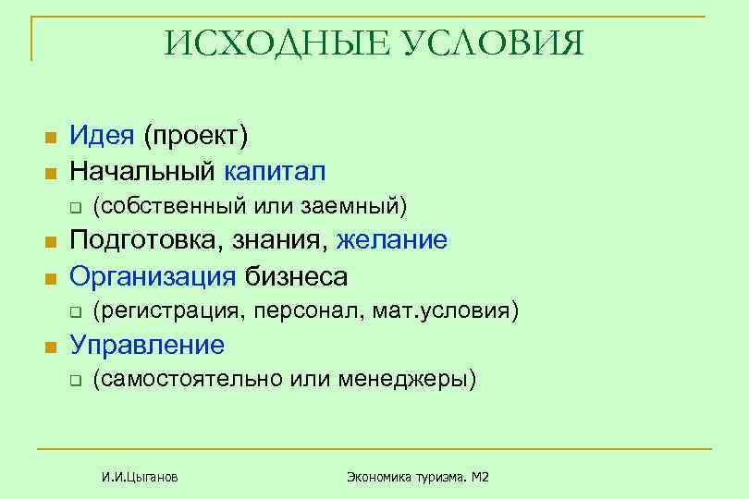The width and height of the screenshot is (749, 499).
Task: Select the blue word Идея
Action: point(103,137)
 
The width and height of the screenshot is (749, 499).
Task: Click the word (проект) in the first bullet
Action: point(195,138)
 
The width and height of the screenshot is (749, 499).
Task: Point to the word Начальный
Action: point(143,171)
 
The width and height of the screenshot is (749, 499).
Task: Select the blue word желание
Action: point(392,240)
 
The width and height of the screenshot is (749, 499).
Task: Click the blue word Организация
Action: point(153,275)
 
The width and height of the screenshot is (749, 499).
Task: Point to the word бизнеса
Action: point(297,275)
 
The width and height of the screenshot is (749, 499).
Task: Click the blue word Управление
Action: point(147,346)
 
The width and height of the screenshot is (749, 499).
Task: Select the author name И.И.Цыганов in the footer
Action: point(141,477)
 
